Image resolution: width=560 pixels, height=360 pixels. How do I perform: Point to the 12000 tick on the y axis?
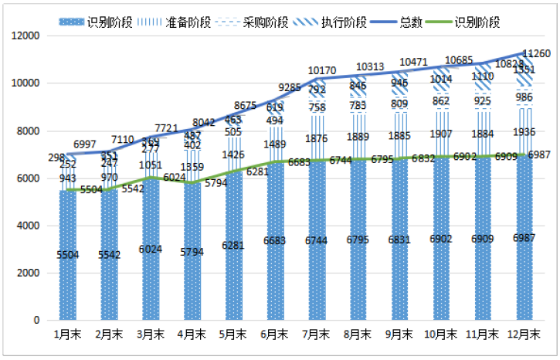[x=25, y=36]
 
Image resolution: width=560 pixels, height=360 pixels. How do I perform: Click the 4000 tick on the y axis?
[x=29, y=226]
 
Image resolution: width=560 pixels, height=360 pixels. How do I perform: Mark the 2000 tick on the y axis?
[x=29, y=273]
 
